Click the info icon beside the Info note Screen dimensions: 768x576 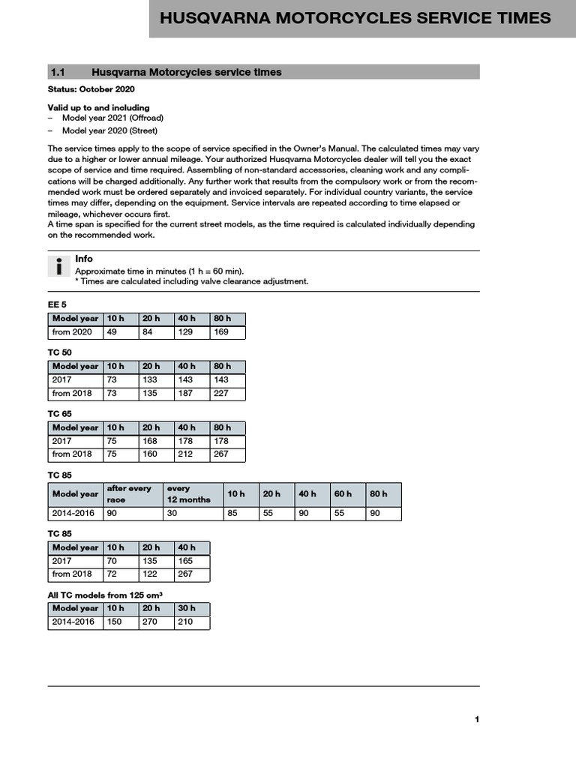pyautogui.click(x=58, y=267)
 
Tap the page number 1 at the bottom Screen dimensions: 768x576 pyautogui.click(x=476, y=720)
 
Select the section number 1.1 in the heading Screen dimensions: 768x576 pyautogui.click(x=58, y=72)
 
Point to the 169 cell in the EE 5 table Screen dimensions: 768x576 pyautogui.click(x=221, y=331)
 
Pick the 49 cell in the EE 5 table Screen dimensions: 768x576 pyautogui.click(x=112, y=331)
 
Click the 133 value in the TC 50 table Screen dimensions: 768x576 pyautogui.click(x=150, y=379)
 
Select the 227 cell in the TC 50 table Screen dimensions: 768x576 pyautogui.click(x=221, y=393)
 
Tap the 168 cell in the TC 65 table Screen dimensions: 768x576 pyautogui.click(x=150, y=441)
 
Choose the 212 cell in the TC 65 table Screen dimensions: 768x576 pyautogui.click(x=185, y=454)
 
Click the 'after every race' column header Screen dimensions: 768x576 pyautogui.click(x=129, y=493)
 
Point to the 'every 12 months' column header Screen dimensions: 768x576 pyautogui.click(x=189, y=493)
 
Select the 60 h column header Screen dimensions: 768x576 pyautogui.click(x=343, y=493)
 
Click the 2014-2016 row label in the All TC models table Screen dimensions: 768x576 pyautogui.click(x=73, y=622)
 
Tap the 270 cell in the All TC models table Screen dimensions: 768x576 pyautogui.click(x=150, y=622)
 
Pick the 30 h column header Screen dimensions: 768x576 pyautogui.click(x=187, y=609)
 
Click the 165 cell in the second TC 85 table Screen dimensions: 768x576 pyautogui.click(x=185, y=560)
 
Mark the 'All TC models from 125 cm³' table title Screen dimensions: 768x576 pyautogui.click(x=106, y=595)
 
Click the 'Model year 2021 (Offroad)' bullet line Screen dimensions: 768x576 pyautogui.click(x=112, y=118)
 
